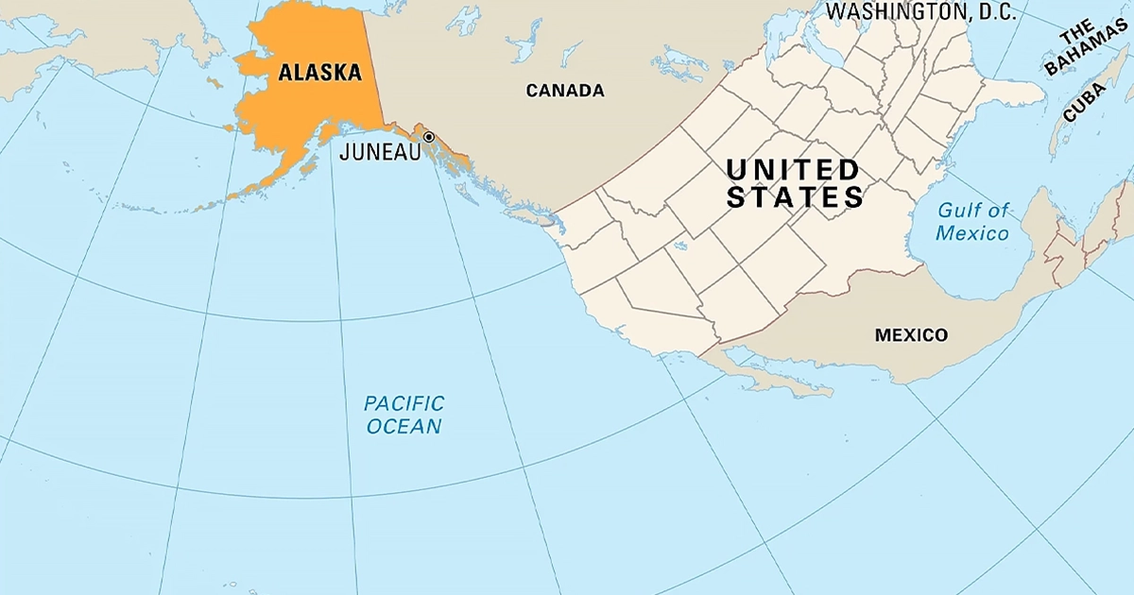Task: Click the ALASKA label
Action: tap(319, 72)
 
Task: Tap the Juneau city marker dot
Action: tap(428, 137)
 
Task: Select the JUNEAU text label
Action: tap(379, 152)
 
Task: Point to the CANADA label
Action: tap(564, 91)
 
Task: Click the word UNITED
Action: tap(792, 171)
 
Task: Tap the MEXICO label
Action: tap(910, 335)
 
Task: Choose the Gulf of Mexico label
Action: tap(972, 222)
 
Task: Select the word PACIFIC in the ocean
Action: tap(404, 403)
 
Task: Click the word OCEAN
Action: tap(404, 427)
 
